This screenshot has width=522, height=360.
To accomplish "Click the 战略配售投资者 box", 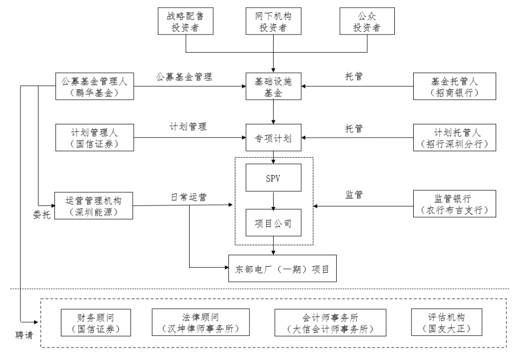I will point(186,21).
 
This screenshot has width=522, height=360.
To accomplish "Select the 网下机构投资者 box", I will point(274,21).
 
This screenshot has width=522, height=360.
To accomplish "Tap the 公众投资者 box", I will point(367,21).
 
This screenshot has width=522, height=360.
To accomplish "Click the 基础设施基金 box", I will point(274,86).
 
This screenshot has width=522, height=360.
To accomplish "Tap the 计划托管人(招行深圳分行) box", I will point(454,138).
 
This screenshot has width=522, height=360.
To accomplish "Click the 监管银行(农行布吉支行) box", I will point(454,204).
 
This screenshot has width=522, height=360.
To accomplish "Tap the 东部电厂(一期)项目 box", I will point(283,268).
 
